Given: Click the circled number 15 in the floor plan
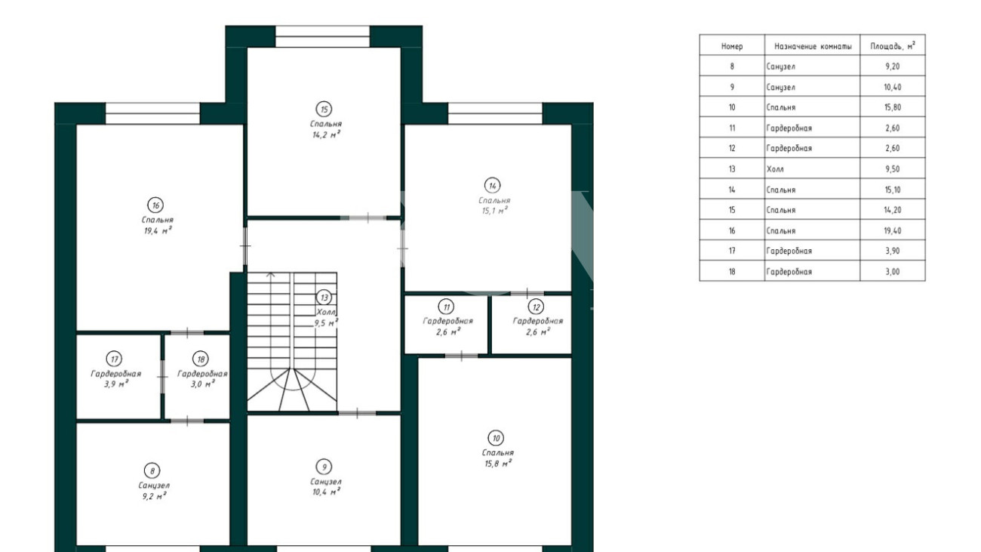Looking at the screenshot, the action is pos(324,109).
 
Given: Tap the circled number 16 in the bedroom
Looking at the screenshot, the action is pos(155,205).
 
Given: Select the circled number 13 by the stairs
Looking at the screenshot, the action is pos(324,298).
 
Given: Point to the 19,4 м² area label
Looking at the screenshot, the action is pos(158,230).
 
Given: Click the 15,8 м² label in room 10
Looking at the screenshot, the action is pos(498,464).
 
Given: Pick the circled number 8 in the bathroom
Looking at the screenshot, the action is pos(152,471).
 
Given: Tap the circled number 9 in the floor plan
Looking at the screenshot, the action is pos(324,467).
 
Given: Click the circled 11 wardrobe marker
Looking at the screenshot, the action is pos(446,307).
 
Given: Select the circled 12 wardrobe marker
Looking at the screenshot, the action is pos(536,307).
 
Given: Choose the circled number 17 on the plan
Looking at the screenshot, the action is pos(114,359).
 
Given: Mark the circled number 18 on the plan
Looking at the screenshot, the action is pos(201,359).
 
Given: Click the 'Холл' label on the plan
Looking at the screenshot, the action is pos(326,313).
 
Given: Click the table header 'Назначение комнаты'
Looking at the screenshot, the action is pos(813,46).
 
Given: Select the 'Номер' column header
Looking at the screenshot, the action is pos(732,46).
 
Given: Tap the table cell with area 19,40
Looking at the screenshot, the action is pos(893,230).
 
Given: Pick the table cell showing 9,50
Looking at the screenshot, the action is pos(893,168).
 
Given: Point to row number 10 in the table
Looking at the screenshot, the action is pos(732,107).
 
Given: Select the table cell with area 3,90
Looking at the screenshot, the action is pos(893,251).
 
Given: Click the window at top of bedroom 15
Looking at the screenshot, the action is pos(323,36).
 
